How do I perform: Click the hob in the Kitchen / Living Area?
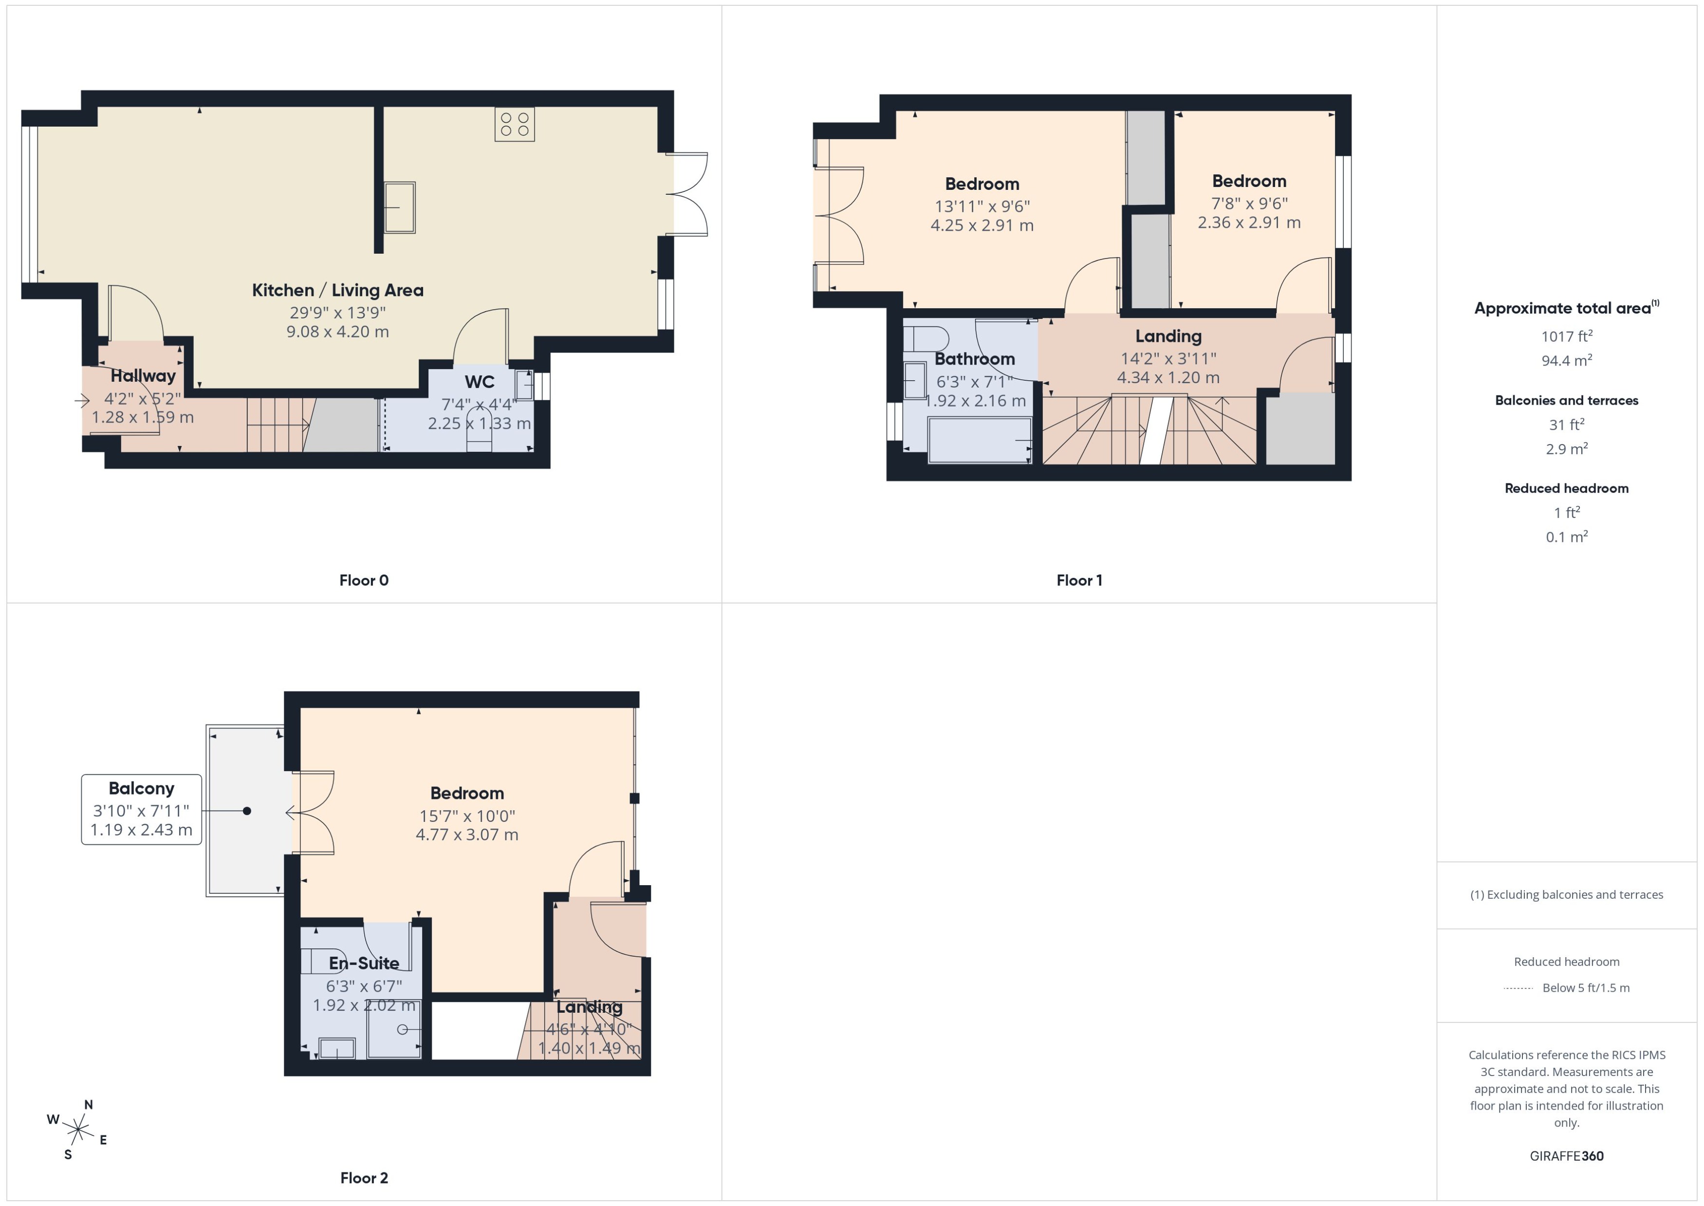(515, 124)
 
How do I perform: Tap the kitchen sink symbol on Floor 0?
(399, 208)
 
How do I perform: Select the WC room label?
(480, 382)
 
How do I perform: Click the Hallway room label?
(143, 376)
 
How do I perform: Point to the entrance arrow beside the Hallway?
(82, 401)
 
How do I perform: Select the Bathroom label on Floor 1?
(974, 359)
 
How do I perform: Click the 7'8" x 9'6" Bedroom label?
(1249, 181)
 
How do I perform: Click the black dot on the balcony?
(247, 811)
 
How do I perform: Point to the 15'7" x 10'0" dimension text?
(467, 816)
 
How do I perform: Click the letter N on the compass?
(88, 1105)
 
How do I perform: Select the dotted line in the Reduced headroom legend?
(1519, 988)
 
